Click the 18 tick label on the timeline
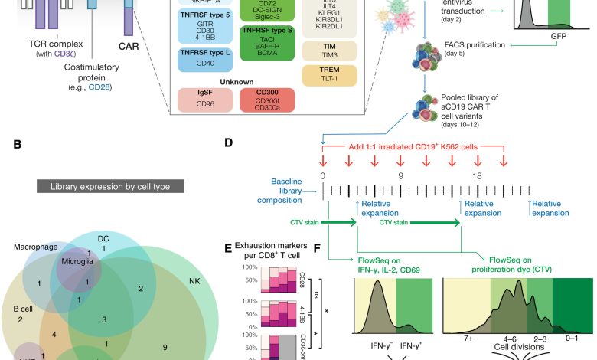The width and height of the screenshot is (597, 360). (x=477, y=177)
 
